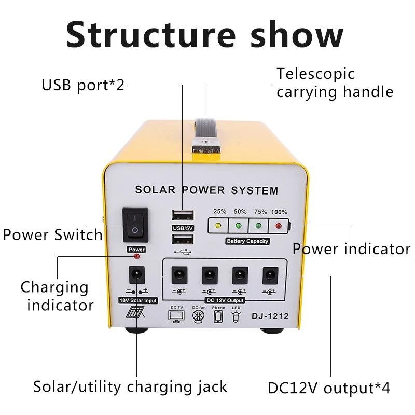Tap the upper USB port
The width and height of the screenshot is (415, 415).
[x=182, y=216]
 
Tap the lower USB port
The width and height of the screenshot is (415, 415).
[x=182, y=239]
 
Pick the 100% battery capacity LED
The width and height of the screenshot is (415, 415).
[x=279, y=226]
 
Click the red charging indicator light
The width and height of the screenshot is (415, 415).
[x=136, y=257]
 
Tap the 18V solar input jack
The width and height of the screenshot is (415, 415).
[x=136, y=274]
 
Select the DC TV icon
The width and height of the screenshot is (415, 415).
[x=176, y=316]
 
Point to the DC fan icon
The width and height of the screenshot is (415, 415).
[x=198, y=316]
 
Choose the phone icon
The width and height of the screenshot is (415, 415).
[x=218, y=316]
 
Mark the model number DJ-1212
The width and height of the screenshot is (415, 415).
[x=270, y=315]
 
